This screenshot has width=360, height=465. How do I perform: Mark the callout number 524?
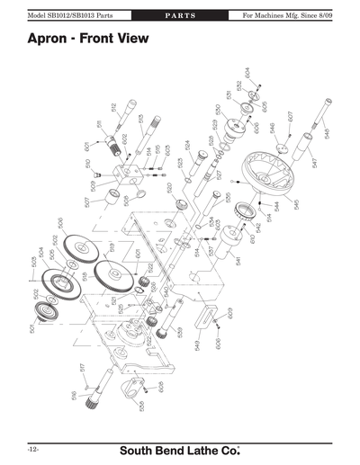click(187, 145)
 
